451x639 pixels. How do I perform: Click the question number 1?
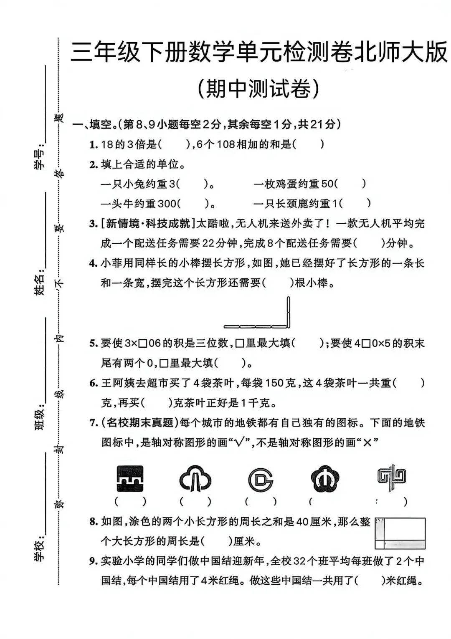tap(93, 145)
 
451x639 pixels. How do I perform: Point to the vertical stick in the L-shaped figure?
tap(288, 311)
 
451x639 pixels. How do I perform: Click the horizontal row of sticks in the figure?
tap(255, 326)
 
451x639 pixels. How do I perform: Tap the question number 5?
tap(93, 343)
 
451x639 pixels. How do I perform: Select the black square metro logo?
tap(129, 478)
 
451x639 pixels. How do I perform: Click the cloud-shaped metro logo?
tap(195, 478)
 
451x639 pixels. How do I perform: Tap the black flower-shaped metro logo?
tap(325, 478)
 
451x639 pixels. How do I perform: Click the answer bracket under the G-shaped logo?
tap(260, 501)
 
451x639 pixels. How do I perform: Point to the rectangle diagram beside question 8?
tap(400, 533)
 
